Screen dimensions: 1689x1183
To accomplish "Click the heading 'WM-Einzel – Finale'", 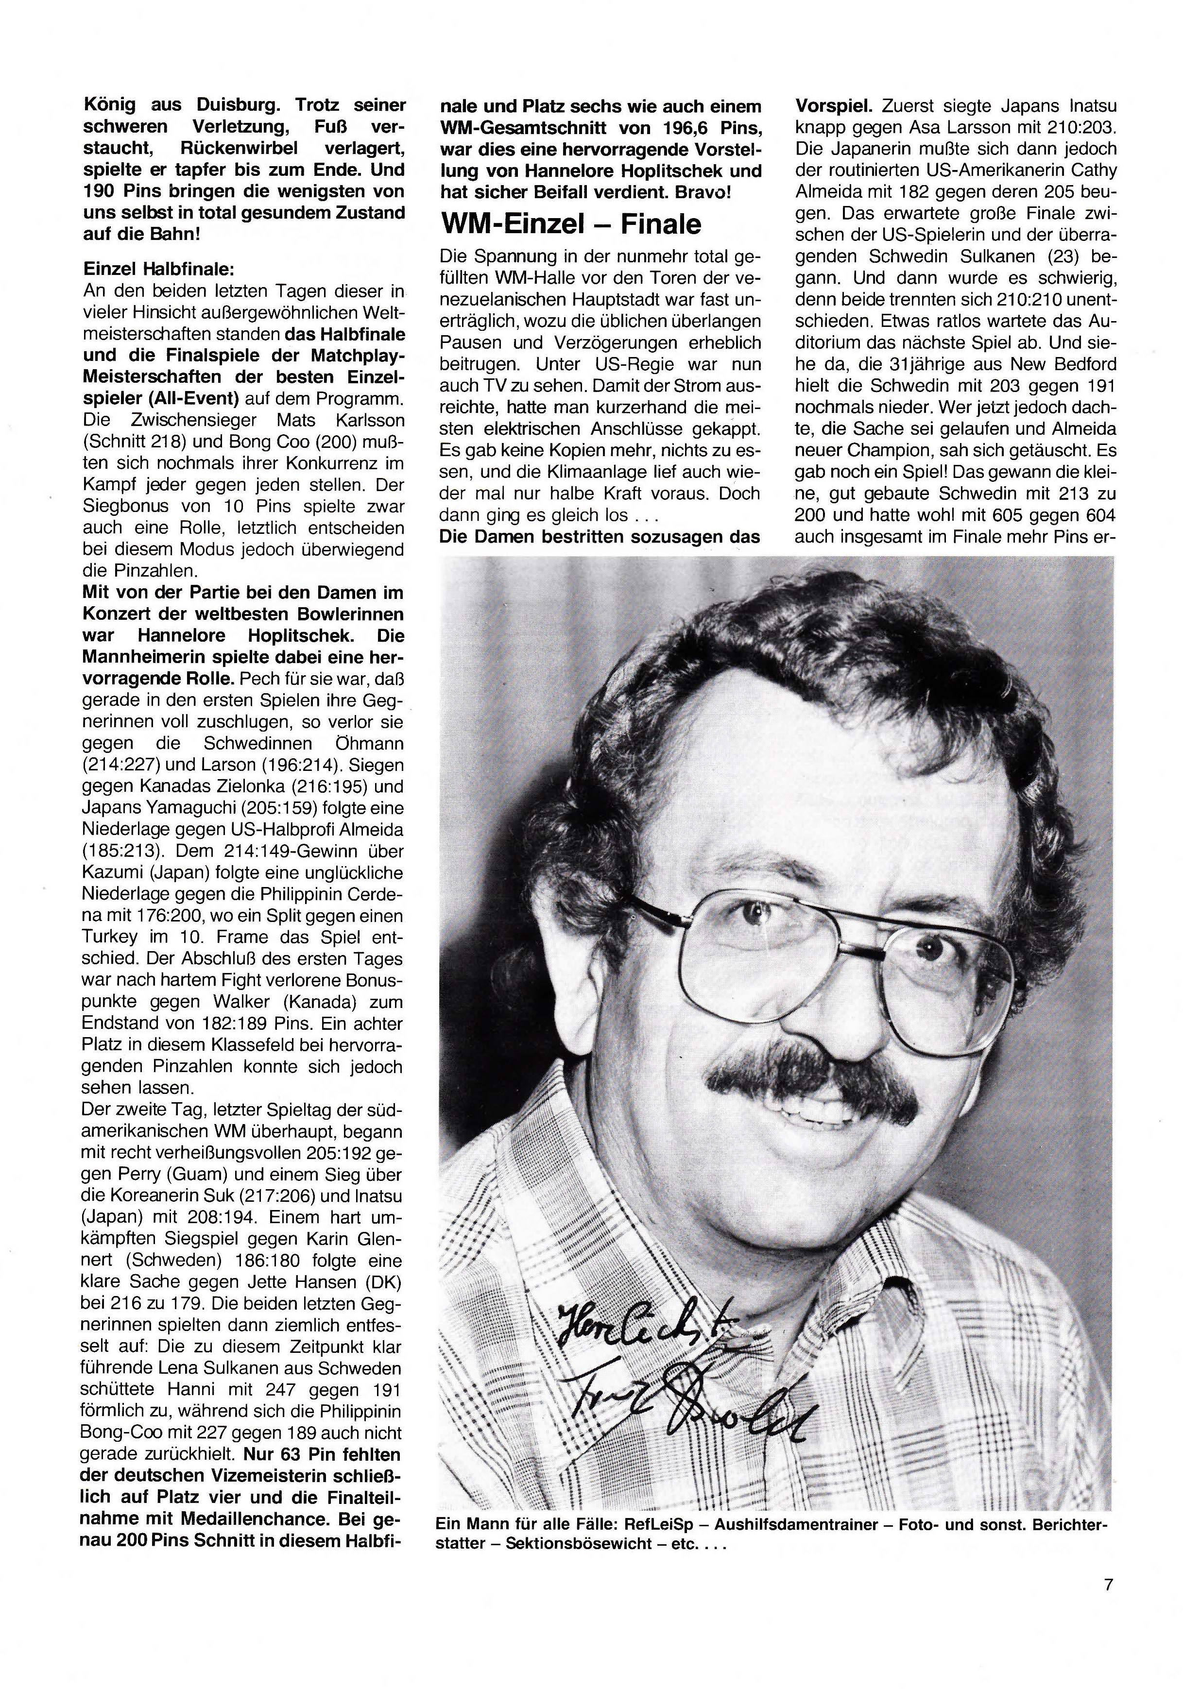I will [570, 223].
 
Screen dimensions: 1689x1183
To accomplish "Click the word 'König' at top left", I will [111, 106].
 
